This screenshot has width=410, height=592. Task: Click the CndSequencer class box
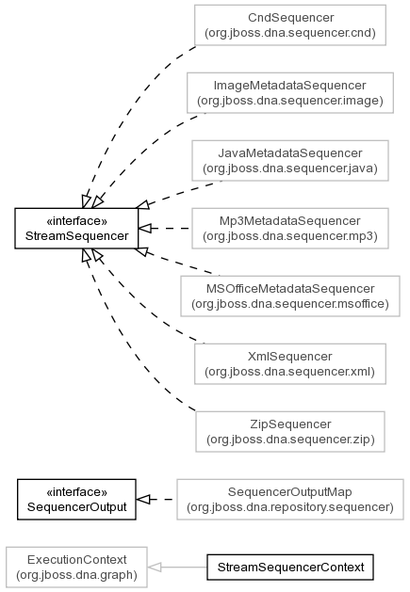pyautogui.click(x=290, y=25)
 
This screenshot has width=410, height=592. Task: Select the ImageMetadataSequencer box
pyautogui.click(x=290, y=93)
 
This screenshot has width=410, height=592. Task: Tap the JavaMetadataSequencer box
pyautogui.click(x=290, y=160)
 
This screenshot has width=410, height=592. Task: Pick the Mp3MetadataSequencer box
pyautogui.click(x=290, y=229)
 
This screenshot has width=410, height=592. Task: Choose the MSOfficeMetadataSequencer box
pyautogui.click(x=290, y=296)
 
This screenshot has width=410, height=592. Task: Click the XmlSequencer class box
pyautogui.click(x=290, y=364)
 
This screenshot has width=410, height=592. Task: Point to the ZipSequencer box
pyautogui.click(x=290, y=432)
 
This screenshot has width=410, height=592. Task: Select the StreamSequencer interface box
pyautogui.click(x=76, y=229)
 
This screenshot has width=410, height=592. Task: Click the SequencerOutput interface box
pyautogui.click(x=76, y=500)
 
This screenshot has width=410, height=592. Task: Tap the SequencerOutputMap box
pyautogui.click(x=290, y=500)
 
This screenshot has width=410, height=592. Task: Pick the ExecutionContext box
pyautogui.click(x=76, y=568)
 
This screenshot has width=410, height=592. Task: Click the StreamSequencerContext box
pyautogui.click(x=290, y=568)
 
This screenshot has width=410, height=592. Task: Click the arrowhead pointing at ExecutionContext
pyautogui.click(x=155, y=568)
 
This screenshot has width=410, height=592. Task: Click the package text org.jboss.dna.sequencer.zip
pyautogui.click(x=290, y=440)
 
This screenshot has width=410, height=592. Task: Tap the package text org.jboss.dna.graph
pyautogui.click(x=76, y=575)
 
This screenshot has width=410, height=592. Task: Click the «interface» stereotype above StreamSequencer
pyautogui.click(x=76, y=221)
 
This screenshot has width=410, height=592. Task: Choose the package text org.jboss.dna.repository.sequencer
pyautogui.click(x=290, y=507)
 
